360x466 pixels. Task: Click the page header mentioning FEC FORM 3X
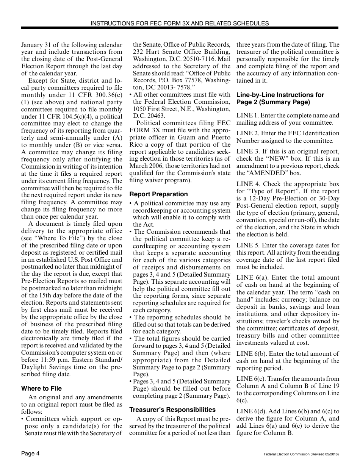180,23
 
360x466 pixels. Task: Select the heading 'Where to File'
41,388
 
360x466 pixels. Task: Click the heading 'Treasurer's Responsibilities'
172,410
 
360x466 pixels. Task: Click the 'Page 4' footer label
30,453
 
